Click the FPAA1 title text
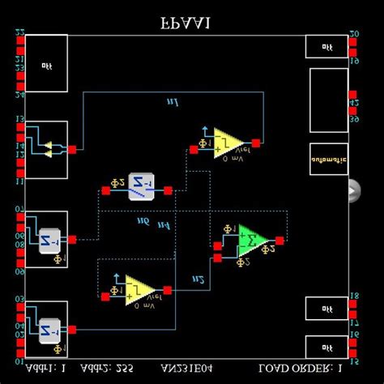[x=186, y=23]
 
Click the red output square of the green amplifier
[x=280, y=241]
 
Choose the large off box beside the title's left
[x=46, y=67]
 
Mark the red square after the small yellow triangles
[x=72, y=149]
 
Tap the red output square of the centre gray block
[x=168, y=191]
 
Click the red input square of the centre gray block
[x=105, y=191]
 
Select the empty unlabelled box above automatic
[x=328, y=99]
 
